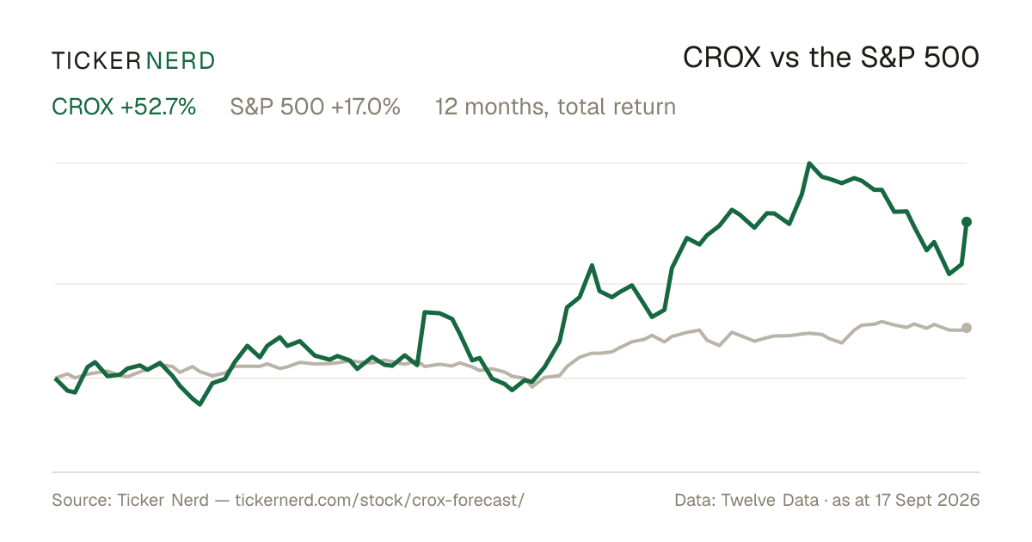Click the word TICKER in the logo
point(96,61)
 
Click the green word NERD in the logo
point(181,61)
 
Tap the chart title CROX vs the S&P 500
point(831,59)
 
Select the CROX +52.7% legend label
point(124,107)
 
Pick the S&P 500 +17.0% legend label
point(315,107)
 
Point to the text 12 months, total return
point(556,107)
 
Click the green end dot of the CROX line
point(967,222)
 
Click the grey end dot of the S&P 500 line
point(967,328)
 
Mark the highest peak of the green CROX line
point(809,163)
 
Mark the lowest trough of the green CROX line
point(200,404)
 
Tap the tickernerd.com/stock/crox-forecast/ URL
point(379,500)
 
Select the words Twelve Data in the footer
point(770,500)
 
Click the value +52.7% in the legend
point(158,107)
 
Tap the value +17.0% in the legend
point(365,107)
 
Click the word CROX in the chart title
point(722,59)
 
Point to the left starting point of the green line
point(56,379)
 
